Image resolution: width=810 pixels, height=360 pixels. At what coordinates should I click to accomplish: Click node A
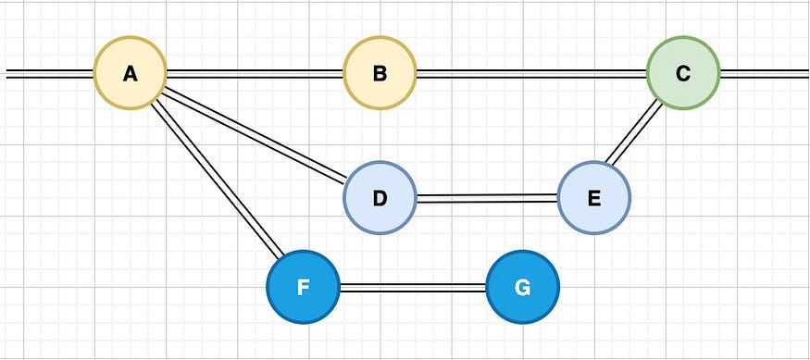130,73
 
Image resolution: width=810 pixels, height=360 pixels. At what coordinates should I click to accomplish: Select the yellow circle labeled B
380,73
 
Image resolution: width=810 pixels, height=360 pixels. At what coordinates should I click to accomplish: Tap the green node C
682,73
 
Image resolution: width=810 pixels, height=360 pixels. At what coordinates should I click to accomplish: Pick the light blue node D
380,198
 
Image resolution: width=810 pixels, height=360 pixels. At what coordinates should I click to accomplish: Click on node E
593,198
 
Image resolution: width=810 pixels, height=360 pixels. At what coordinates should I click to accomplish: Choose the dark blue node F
303,287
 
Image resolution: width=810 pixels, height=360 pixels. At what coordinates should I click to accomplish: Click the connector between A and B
255,73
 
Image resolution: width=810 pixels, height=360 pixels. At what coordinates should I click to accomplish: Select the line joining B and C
531,73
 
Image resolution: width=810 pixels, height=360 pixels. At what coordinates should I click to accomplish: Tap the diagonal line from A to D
255,135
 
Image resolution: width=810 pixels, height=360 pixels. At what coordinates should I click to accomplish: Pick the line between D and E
487,198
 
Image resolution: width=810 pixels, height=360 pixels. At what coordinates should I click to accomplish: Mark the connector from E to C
637,134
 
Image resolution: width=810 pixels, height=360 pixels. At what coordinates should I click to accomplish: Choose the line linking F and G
413,287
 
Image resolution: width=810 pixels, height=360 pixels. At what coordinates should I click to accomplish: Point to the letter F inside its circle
303,287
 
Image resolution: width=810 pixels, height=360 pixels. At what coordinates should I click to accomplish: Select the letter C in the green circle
682,73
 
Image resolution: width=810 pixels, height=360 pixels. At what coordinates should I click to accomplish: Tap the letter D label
380,198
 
